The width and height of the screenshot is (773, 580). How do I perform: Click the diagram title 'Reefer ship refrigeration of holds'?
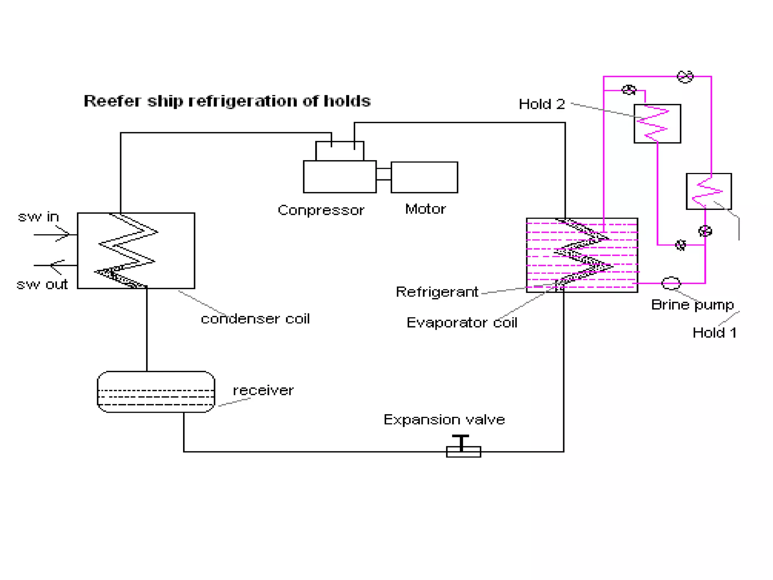[x=227, y=101]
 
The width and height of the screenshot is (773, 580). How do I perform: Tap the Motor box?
[x=424, y=177]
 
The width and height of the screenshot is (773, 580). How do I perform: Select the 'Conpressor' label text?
[x=321, y=210]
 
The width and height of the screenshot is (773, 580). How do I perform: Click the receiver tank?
[x=156, y=392]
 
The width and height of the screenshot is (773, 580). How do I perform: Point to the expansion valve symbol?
[x=463, y=448]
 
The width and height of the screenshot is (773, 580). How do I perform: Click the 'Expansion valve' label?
[x=444, y=420]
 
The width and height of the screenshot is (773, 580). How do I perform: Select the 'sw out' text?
[x=42, y=284]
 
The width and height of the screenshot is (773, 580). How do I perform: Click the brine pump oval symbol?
[x=671, y=283]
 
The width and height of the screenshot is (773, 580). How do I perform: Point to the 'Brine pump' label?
[x=692, y=305]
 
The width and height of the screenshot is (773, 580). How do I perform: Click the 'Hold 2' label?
[x=542, y=104]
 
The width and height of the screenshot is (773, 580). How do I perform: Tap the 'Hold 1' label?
[x=714, y=333]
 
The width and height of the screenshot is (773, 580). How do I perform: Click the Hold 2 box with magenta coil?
[x=657, y=123]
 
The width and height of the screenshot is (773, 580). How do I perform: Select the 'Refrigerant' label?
[x=437, y=292]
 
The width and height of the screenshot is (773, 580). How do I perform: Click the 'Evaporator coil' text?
[x=461, y=323]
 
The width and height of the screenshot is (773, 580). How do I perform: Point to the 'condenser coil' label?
[x=255, y=319]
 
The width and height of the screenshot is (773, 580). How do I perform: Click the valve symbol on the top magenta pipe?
[x=685, y=77]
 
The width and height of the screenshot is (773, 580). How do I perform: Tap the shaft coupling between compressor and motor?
[x=383, y=174]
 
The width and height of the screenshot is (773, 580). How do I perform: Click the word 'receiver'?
[x=263, y=390]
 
